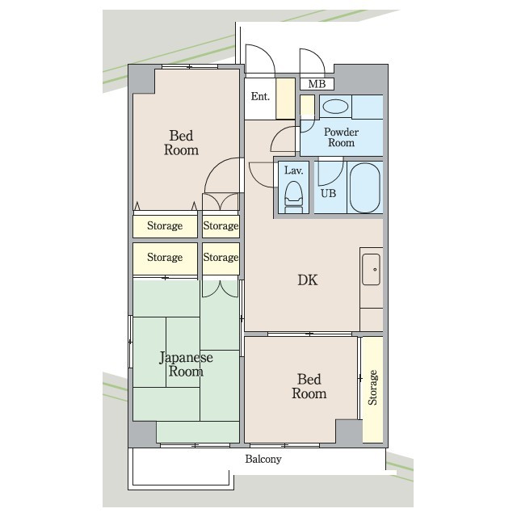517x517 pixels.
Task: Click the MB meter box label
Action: (x=317, y=84)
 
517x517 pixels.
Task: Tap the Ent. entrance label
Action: (x=260, y=96)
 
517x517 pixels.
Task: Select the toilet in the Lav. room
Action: (x=293, y=197)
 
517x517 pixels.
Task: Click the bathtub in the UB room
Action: (x=364, y=187)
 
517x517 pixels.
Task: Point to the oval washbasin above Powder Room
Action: (x=335, y=107)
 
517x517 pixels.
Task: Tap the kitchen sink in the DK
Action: (x=372, y=269)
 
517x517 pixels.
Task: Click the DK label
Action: (x=308, y=280)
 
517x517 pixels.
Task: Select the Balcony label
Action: (x=263, y=459)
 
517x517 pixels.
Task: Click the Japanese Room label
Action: (x=186, y=364)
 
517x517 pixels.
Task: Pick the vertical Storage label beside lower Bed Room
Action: (x=372, y=388)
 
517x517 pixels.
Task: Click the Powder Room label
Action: (x=341, y=137)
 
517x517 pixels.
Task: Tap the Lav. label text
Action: (x=293, y=170)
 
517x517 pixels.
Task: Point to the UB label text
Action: (x=329, y=193)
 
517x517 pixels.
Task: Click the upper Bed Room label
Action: (x=181, y=143)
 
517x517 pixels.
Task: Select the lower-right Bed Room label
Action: (x=309, y=386)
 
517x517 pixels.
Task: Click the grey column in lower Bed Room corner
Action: (x=349, y=431)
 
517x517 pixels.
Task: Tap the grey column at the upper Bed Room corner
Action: (x=141, y=79)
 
